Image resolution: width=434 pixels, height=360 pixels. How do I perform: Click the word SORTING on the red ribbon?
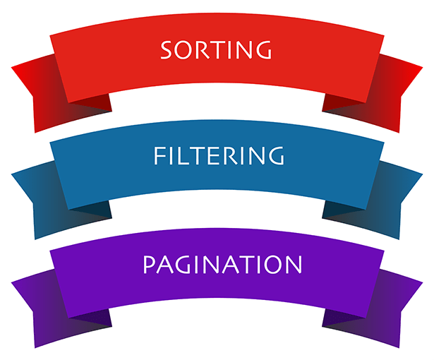point(216,50)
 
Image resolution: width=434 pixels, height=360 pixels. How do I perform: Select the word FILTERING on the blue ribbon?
point(218,155)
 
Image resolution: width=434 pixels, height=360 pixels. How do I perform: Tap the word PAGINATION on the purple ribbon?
point(222,265)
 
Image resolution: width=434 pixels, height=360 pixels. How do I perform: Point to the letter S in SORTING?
point(167,51)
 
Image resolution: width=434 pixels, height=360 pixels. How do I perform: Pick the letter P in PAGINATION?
point(149,265)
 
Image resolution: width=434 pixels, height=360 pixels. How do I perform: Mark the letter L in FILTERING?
point(180,155)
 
